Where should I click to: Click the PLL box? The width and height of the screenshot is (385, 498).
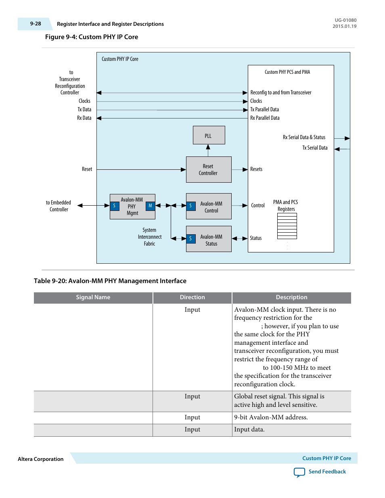[x=209, y=135]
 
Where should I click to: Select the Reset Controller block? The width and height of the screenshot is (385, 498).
[x=209, y=169]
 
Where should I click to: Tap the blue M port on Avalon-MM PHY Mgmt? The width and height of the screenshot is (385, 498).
[x=150, y=206]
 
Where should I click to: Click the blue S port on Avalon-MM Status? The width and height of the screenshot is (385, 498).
[x=191, y=239]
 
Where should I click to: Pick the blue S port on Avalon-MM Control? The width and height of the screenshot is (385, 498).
[x=191, y=206]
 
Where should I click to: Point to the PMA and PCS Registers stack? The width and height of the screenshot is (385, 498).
[x=287, y=226]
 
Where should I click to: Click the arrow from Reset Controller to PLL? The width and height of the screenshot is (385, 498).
[x=208, y=150]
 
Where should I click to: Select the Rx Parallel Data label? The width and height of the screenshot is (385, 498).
[x=265, y=118]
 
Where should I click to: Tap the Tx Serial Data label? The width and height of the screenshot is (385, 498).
[x=315, y=148]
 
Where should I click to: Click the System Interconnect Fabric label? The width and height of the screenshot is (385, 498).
[x=149, y=237]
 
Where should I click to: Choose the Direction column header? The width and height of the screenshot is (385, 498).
[x=192, y=297]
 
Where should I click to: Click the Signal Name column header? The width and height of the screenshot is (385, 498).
[x=93, y=297]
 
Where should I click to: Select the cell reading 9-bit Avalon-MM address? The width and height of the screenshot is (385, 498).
[x=271, y=417]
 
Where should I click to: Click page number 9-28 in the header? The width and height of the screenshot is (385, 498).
[x=36, y=24]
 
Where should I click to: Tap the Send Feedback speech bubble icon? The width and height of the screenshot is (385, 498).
[x=299, y=472]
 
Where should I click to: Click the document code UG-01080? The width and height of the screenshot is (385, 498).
[x=345, y=20]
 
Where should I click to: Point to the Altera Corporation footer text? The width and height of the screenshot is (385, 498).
[x=41, y=459]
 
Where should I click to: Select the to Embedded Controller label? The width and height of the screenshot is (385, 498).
[x=59, y=206]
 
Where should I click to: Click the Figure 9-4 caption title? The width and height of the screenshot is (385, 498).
[x=92, y=37]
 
